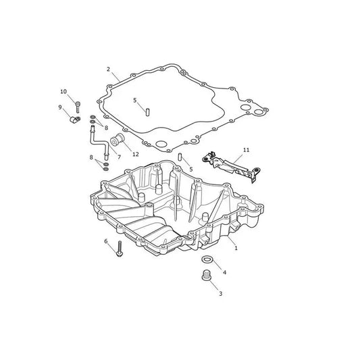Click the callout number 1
[236, 248]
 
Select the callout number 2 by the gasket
[108, 69]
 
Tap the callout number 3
[221, 294]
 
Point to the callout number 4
[224, 272]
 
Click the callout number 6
[106, 241]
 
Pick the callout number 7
[119, 157]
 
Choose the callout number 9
[60, 107]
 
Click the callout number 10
[63, 92]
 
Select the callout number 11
[246, 150]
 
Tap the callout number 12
[136, 154]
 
